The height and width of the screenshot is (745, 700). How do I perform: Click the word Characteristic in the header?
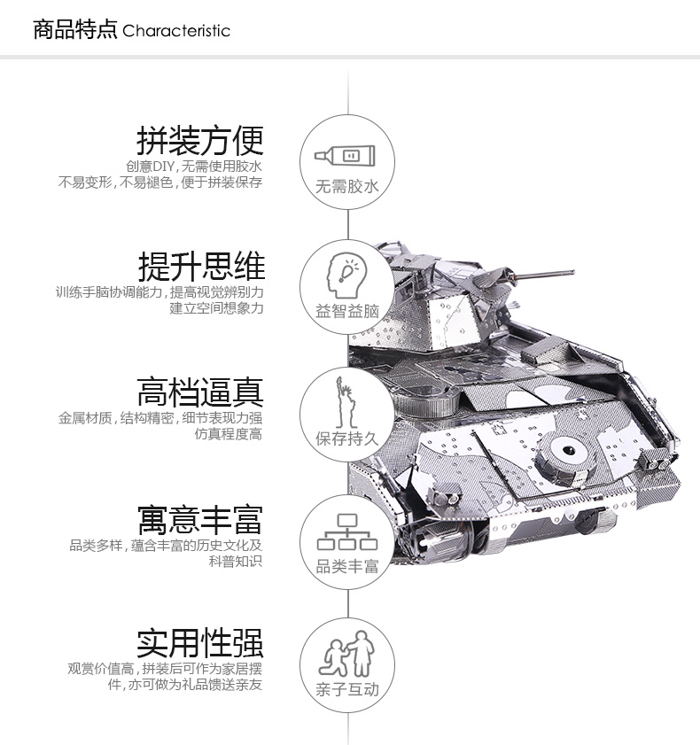click(176, 31)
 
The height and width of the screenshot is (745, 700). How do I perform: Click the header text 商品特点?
click(74, 29)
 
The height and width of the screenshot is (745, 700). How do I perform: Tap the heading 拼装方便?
click(200, 141)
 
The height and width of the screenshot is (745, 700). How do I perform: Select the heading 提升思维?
click(201, 267)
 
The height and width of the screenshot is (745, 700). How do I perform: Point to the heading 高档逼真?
click(200, 392)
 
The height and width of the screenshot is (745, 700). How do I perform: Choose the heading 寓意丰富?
click(200, 520)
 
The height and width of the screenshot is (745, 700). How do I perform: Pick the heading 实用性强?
click(200, 643)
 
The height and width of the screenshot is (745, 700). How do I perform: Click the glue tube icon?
click(345, 156)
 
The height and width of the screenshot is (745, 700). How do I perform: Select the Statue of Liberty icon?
click(346, 402)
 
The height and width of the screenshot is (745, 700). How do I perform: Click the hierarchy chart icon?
click(347, 532)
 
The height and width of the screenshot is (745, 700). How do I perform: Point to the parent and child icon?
click(347, 655)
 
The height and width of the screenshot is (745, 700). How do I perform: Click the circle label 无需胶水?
click(347, 186)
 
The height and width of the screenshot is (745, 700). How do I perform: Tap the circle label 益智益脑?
click(347, 311)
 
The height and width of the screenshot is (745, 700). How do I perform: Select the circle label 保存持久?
click(347, 438)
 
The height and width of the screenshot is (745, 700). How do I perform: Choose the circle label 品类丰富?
click(347, 566)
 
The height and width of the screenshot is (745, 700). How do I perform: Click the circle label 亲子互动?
click(347, 689)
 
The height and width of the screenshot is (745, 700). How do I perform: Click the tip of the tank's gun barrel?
click(573, 272)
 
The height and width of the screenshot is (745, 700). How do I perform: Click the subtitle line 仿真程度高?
click(228, 434)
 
